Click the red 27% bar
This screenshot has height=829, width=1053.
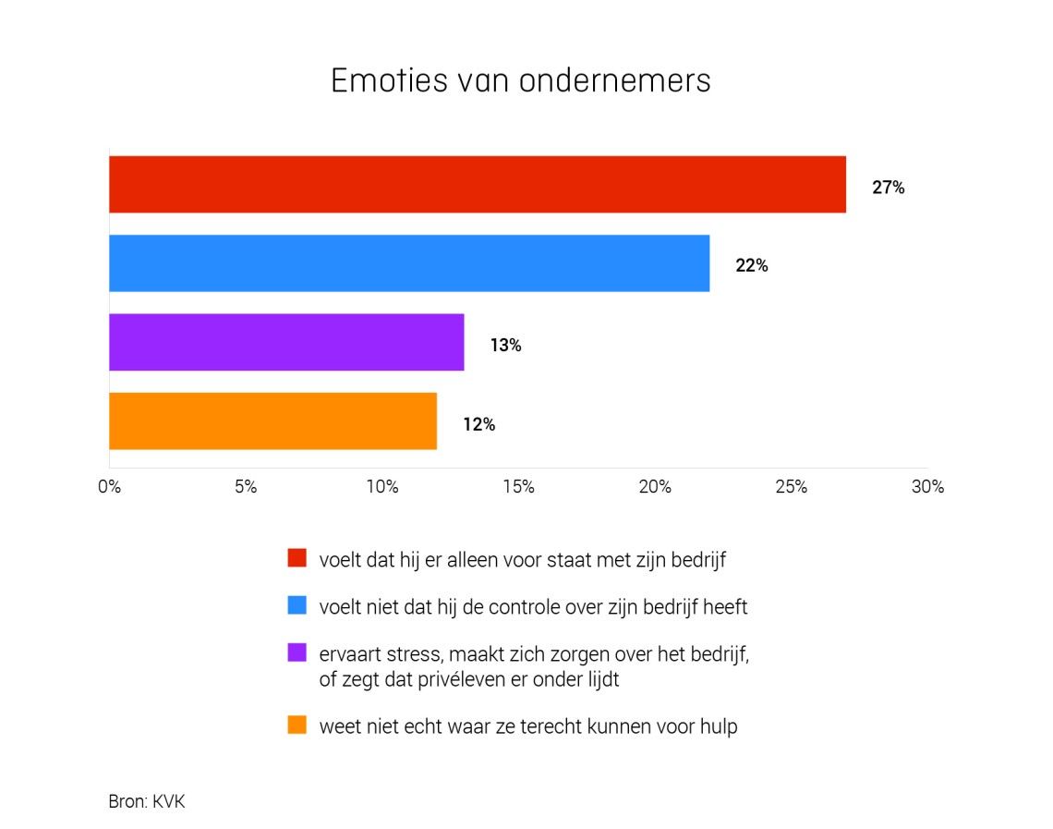pos(477,185)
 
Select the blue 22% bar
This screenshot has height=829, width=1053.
pos(409,263)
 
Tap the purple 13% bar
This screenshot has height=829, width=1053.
pos(286,342)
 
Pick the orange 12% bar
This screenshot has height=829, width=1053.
pos(272,421)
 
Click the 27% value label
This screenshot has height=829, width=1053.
pos(888,188)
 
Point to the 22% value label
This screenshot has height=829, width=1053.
pos(752,266)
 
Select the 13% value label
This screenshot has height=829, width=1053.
pos(505,346)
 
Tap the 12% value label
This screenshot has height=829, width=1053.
pos(478,425)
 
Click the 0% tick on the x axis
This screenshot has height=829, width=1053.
pos(109,487)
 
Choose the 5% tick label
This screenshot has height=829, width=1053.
pos(246,487)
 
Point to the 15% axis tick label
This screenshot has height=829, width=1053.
pos(518,487)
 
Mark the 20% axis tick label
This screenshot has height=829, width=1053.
pos(655,487)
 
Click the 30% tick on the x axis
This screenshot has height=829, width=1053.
pos(927,487)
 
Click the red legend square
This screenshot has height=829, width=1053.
pos(297,558)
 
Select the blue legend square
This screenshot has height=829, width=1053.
pos(297,606)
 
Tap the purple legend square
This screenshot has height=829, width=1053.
pos(297,653)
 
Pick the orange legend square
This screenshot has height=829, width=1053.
pos(297,725)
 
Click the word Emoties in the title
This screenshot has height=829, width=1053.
pos(389,80)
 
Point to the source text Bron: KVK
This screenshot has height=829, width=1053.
pos(147,801)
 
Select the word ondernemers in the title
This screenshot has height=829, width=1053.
pos(615,80)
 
